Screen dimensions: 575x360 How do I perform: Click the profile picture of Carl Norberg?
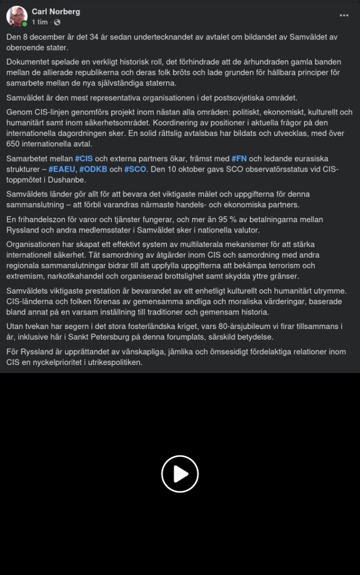17,16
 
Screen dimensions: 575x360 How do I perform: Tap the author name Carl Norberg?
56,12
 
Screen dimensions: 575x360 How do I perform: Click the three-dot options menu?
344,15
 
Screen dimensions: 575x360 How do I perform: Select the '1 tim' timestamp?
39,22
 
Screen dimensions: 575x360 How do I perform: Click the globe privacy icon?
57,22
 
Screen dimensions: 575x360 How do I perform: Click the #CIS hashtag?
84,159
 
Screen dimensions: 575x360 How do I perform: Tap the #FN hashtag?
239,159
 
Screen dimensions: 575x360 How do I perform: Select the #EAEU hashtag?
62,169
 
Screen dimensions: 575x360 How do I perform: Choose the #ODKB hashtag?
93,169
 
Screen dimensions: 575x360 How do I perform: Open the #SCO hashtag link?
135,169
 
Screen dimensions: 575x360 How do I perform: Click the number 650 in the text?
14,144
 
